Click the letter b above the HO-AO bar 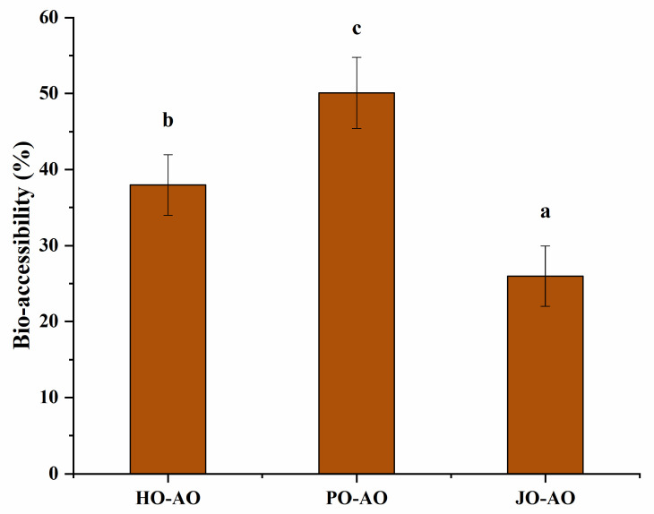pyautogui.click(x=168, y=121)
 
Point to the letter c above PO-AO pyautogui.click(x=357, y=30)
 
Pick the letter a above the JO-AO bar pyautogui.click(x=545, y=212)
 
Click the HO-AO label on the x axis pyautogui.click(x=168, y=497)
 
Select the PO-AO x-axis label pyautogui.click(x=357, y=497)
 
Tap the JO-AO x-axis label pyautogui.click(x=545, y=497)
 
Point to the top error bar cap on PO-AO pyautogui.click(x=357, y=57)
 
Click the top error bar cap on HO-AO pyautogui.click(x=168, y=155)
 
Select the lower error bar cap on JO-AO pyautogui.click(x=545, y=306)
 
